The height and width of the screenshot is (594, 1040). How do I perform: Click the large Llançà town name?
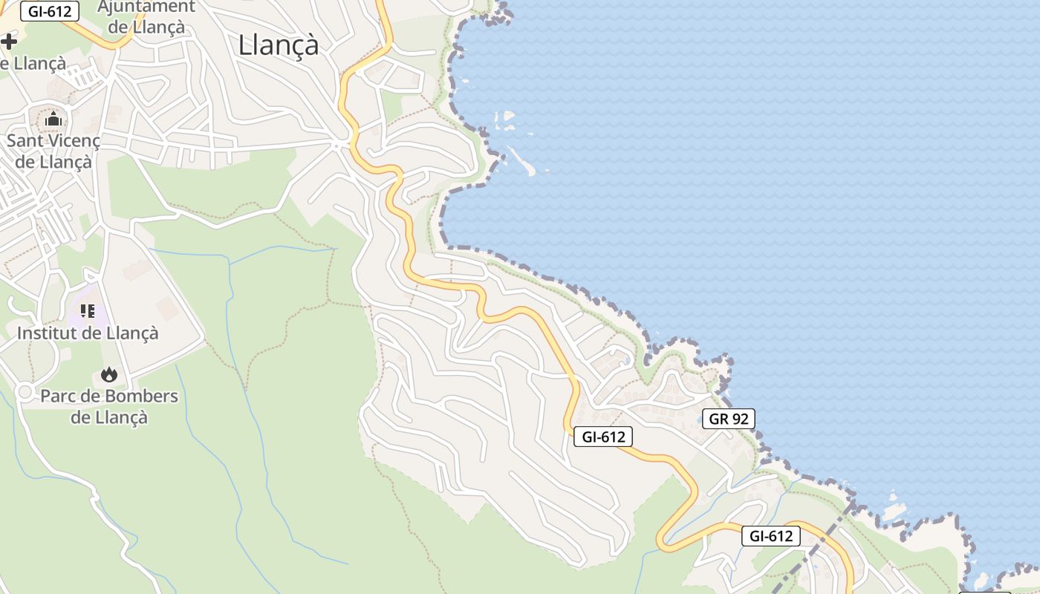coord(279,45)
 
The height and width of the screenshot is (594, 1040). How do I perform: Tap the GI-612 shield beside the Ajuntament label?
coord(50,12)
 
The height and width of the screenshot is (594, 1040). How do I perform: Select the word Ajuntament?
coord(146,7)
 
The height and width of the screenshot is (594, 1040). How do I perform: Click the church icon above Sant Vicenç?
coord(53,119)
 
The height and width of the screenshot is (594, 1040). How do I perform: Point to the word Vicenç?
coord(72,140)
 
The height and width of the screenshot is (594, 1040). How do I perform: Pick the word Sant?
coord(24,140)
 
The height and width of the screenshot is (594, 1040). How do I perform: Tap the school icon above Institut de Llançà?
coord(88,310)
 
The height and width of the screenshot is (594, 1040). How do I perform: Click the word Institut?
coord(48,333)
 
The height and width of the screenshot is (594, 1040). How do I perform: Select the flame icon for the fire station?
coord(109,374)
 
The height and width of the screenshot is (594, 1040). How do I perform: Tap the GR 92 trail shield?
coord(729,419)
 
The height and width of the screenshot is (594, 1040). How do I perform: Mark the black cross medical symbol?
coord(8,42)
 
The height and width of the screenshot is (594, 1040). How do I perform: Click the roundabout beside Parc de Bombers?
coord(25,391)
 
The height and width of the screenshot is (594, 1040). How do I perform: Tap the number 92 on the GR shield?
coord(739,419)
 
